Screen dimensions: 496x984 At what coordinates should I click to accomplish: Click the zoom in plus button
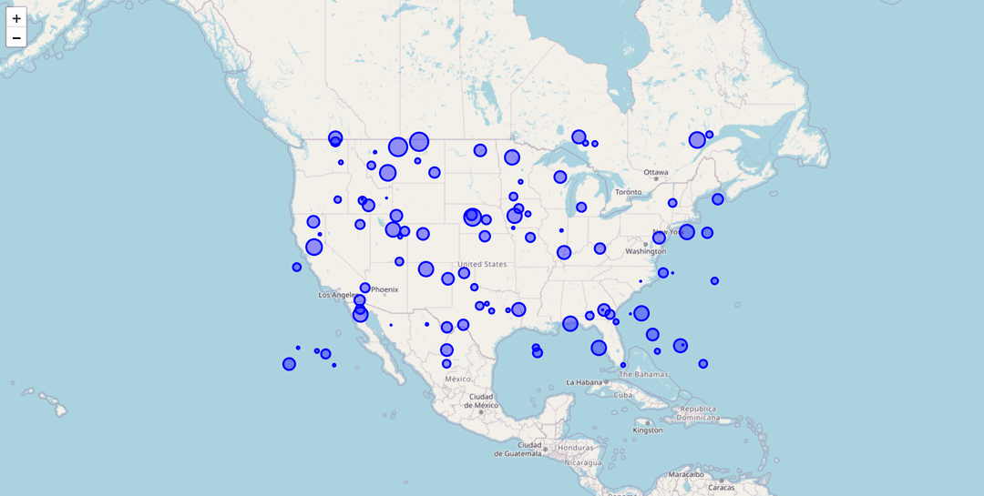click(x=16, y=18)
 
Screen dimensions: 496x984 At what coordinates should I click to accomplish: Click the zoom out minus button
click(x=16, y=37)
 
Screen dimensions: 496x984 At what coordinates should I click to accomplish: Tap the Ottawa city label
click(x=656, y=172)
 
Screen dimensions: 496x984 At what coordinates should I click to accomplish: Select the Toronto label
click(x=628, y=192)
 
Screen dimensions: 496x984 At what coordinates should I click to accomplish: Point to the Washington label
click(x=645, y=251)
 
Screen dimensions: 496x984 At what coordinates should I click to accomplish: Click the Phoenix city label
click(x=384, y=289)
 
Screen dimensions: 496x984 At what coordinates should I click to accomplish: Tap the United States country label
click(x=482, y=264)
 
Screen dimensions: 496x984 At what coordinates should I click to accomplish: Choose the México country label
click(x=457, y=379)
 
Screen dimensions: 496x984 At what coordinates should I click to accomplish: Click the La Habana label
click(x=585, y=382)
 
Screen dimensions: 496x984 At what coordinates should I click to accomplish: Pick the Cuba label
click(x=622, y=395)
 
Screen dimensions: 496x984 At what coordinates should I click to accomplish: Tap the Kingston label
click(x=647, y=430)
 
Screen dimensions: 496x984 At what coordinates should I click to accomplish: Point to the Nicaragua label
click(x=583, y=462)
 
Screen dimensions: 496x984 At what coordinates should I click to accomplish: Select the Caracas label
click(x=722, y=487)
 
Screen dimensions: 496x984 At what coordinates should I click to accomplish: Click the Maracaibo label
click(x=686, y=473)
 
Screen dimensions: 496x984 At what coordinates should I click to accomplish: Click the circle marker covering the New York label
click(x=686, y=232)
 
